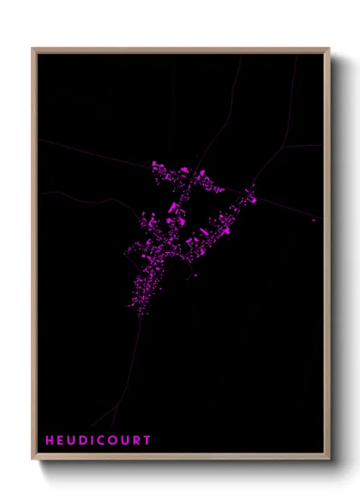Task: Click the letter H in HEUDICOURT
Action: click(x=50, y=441)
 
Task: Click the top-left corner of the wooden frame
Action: click(x=33, y=49)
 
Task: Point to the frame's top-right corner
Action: click(x=329, y=49)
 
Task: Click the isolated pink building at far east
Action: click(x=314, y=221)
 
